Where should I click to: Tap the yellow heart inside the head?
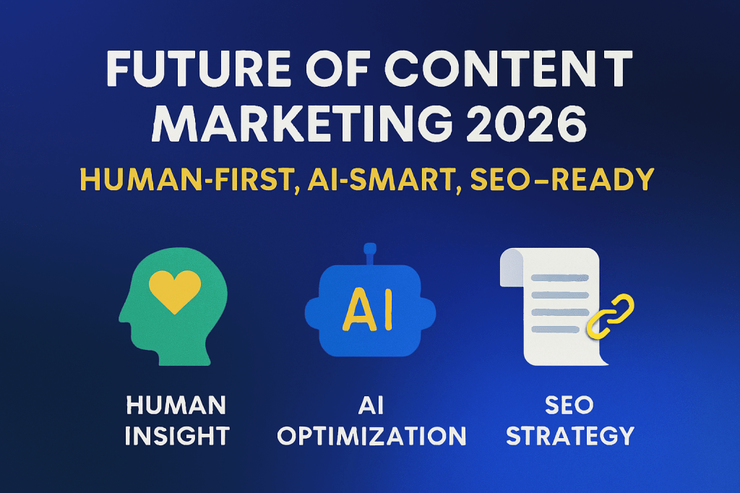point(173,291)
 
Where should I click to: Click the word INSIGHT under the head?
point(176,436)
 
